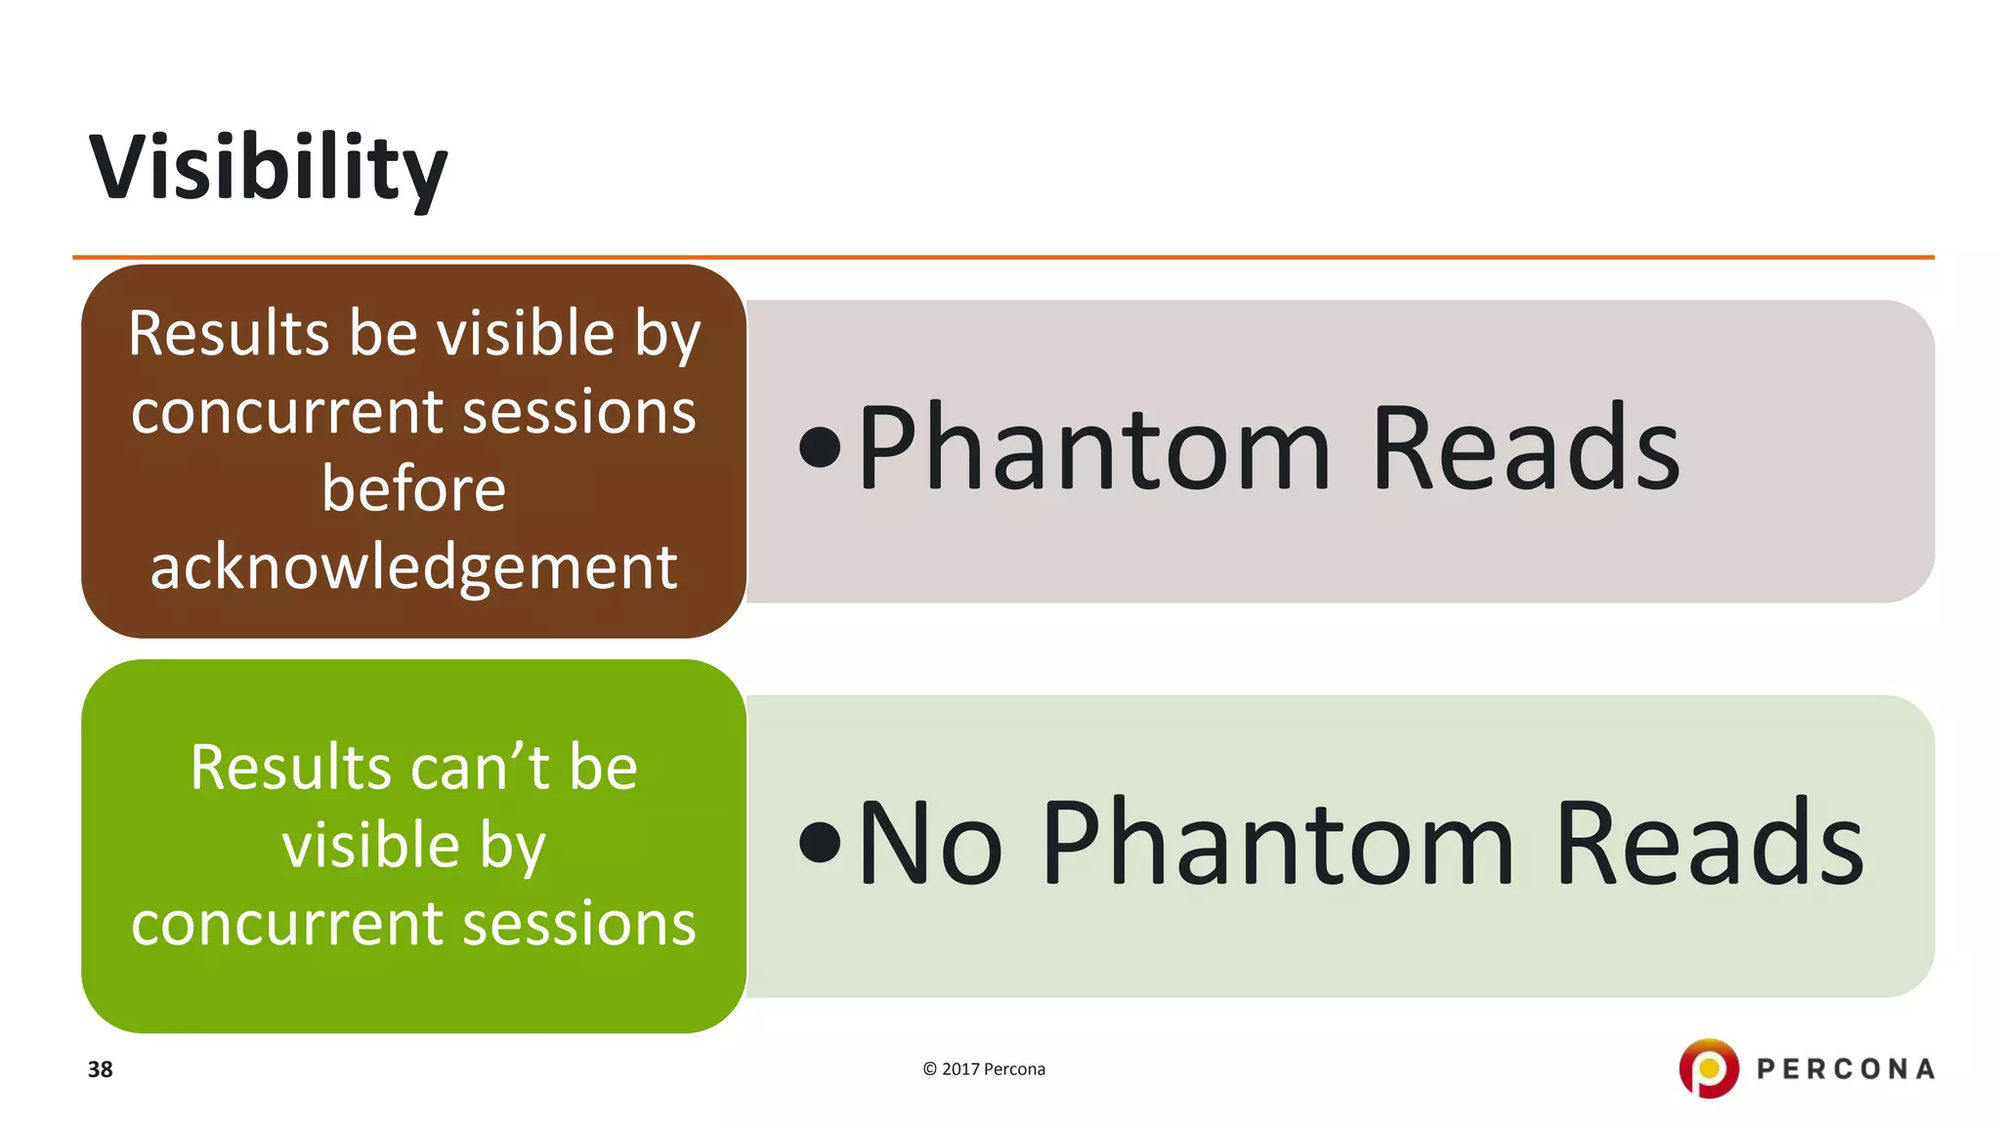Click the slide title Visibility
pyautogui.click(x=268, y=168)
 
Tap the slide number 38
pyautogui.click(x=100, y=1069)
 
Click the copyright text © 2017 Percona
pyautogui.click(x=983, y=1069)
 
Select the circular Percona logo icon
pyautogui.click(x=1708, y=1068)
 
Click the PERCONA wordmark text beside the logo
pyautogui.click(x=1845, y=1069)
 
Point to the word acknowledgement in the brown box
pyautogui.click(x=413, y=567)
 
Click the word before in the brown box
pyautogui.click(x=413, y=488)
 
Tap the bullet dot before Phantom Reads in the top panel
pyautogui.click(x=819, y=448)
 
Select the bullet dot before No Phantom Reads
pyautogui.click(x=819, y=843)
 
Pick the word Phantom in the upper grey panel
pyautogui.click(x=1094, y=448)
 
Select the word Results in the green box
pyautogui.click(x=290, y=768)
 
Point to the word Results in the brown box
pyautogui.click(x=230, y=334)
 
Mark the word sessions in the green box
pyautogui.click(x=578, y=924)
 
